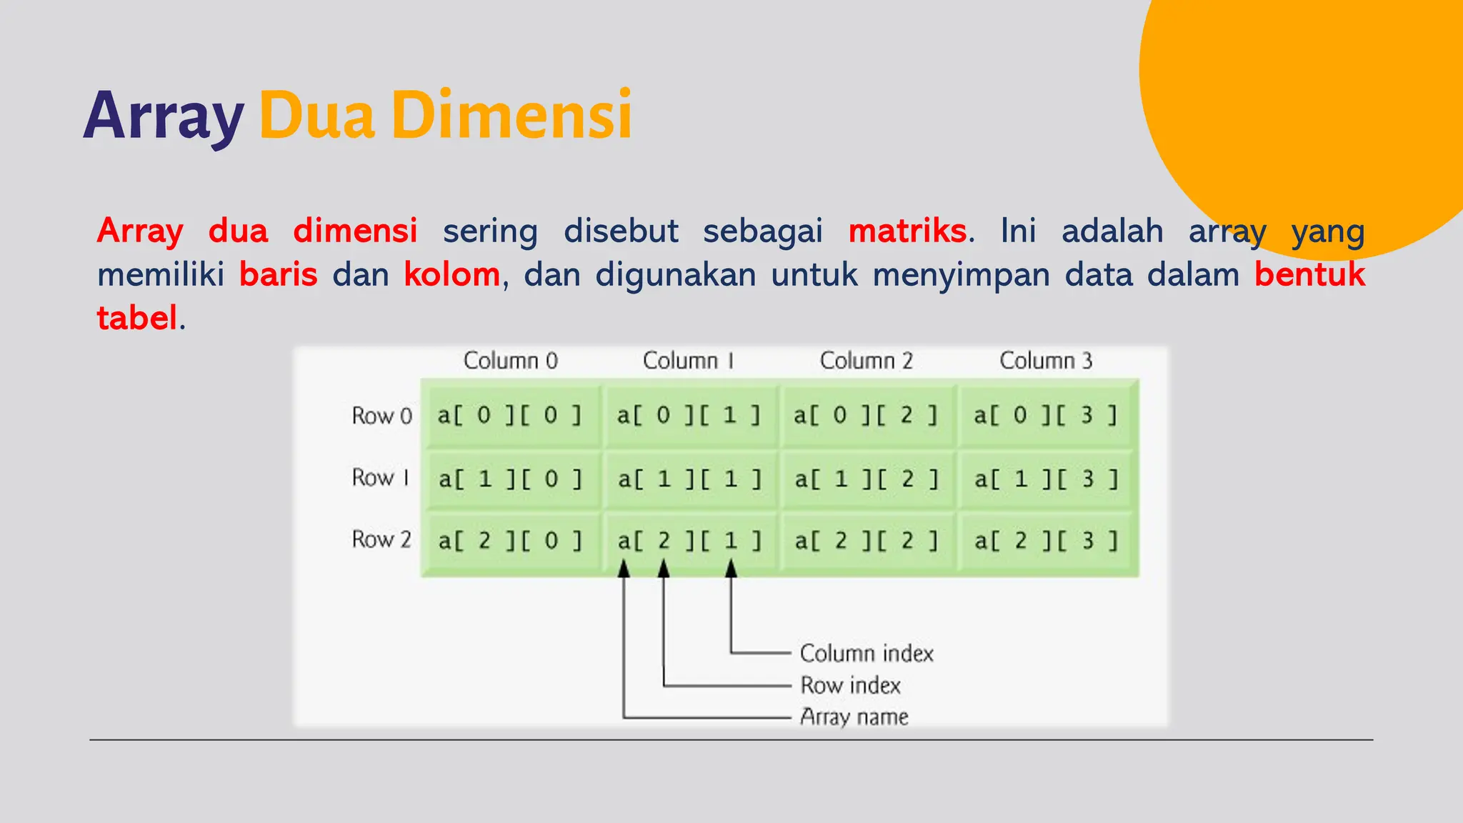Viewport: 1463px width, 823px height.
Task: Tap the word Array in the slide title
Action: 164,116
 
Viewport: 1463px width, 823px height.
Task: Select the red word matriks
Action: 907,231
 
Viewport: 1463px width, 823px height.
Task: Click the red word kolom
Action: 451,274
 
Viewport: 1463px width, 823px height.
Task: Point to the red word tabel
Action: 137,318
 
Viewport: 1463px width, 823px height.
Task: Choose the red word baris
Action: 278,274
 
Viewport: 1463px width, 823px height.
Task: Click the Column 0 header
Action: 510,361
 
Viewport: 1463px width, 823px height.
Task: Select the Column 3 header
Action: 1046,361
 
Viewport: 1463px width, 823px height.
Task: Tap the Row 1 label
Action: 381,477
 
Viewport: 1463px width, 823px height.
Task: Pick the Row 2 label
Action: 381,539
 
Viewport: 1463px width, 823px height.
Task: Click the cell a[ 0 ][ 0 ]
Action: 510,415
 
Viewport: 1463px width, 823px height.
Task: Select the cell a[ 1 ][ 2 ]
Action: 867,479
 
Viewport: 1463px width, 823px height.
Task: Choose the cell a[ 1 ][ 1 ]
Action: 689,479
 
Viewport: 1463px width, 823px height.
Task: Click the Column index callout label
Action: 867,653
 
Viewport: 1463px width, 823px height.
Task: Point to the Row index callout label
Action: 850,685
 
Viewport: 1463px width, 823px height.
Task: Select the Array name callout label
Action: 854,717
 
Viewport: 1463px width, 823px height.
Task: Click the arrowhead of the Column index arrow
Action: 731,569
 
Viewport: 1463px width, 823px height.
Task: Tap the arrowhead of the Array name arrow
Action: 624,569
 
